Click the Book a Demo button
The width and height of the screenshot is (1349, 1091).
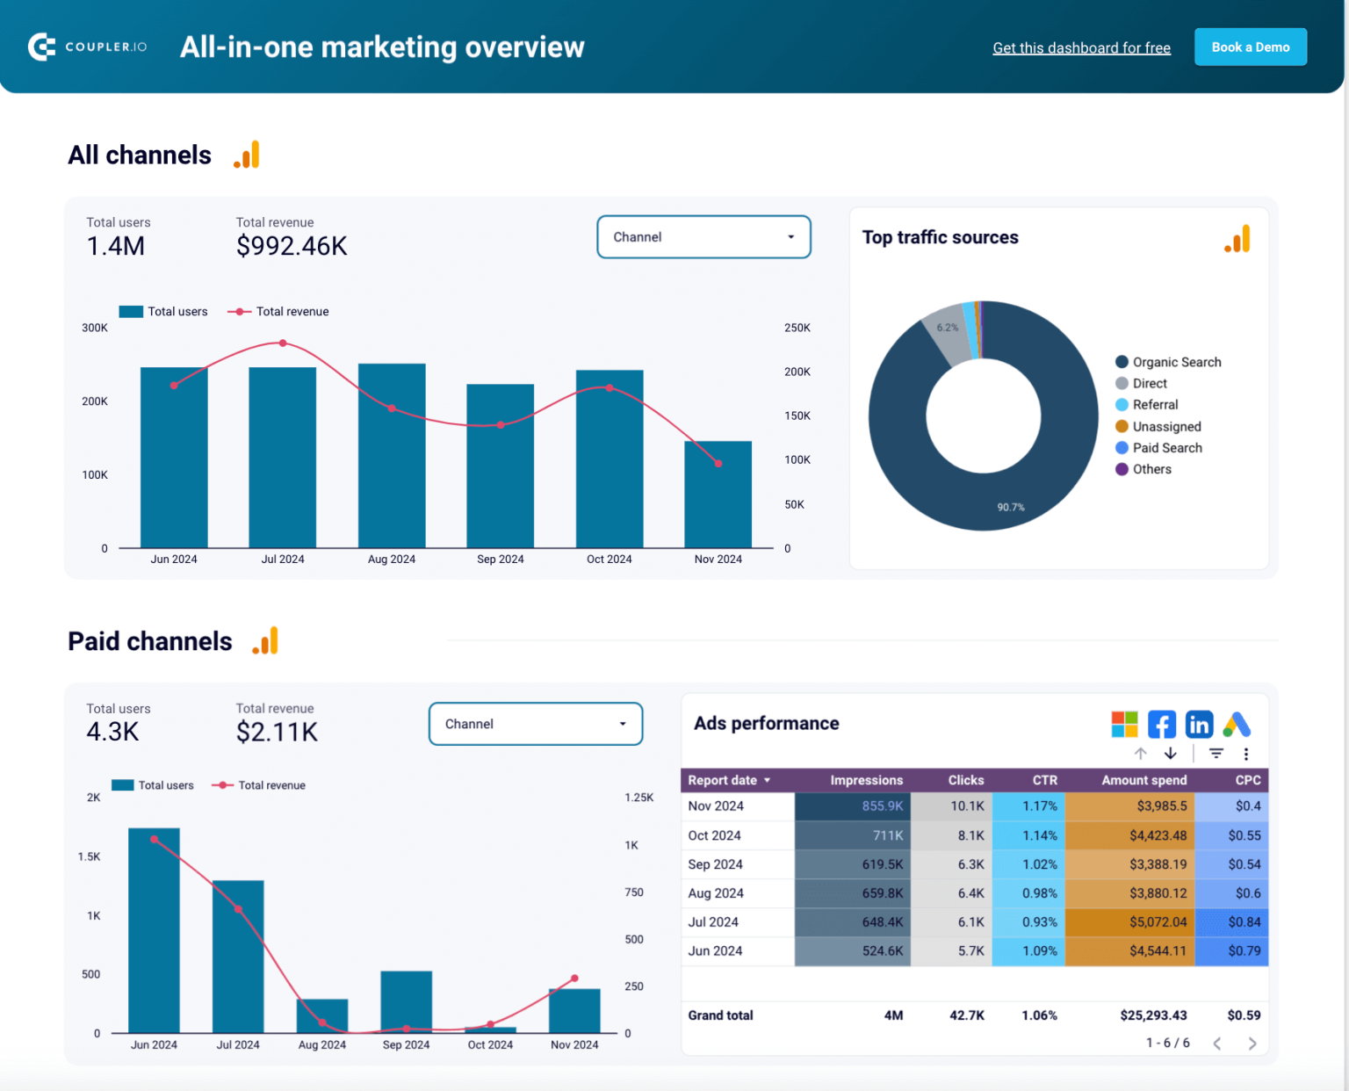coord(1250,47)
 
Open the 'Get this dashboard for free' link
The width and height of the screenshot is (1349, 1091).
coord(1081,48)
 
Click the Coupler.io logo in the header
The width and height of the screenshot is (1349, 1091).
coord(87,47)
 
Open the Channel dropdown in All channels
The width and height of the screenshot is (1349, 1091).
coord(703,237)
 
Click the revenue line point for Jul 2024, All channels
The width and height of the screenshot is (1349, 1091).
coord(283,343)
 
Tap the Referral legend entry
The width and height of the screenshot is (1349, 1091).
coord(1154,405)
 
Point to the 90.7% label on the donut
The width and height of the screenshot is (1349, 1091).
coord(1011,508)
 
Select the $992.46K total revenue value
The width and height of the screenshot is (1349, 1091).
coord(292,247)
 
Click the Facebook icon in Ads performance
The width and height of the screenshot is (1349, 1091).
coord(1161,725)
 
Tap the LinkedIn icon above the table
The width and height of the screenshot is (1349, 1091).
coord(1199,725)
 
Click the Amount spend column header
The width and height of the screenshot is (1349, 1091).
coord(1143,780)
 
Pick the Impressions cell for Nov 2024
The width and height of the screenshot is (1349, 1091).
coord(853,806)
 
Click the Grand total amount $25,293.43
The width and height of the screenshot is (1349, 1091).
coord(1153,1015)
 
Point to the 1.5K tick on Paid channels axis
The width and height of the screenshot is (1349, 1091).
coord(89,857)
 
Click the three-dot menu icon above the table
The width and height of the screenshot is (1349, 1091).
coord(1245,754)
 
